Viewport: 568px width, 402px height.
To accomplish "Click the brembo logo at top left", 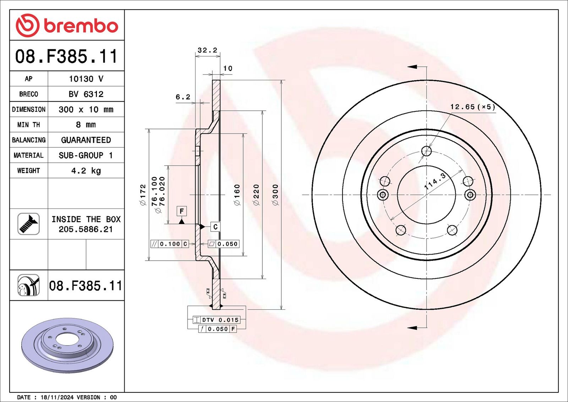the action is (67, 25).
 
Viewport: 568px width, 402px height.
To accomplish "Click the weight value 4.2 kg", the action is (86, 171).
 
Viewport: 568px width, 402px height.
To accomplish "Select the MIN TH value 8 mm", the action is (86, 125).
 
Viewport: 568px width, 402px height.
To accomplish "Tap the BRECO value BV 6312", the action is (86, 94).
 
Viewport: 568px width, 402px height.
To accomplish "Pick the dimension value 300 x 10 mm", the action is (86, 109).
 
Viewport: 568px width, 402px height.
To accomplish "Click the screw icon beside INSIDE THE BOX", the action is (28, 224).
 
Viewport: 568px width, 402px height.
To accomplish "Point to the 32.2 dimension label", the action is (207, 50).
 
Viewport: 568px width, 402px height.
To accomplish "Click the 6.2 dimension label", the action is (183, 97).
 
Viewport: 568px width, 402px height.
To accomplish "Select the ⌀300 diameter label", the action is (275, 195).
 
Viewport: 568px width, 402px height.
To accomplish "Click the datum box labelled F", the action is (181, 211).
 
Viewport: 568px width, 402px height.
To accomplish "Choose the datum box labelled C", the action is (215, 227).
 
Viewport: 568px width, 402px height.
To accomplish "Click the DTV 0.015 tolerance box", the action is (216, 320).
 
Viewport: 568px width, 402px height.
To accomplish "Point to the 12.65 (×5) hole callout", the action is (473, 107).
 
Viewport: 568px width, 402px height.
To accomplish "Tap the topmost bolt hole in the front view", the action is (426, 151).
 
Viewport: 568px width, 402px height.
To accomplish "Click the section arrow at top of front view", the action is (412, 66).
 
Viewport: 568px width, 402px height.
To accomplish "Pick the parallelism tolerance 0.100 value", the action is (170, 244).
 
